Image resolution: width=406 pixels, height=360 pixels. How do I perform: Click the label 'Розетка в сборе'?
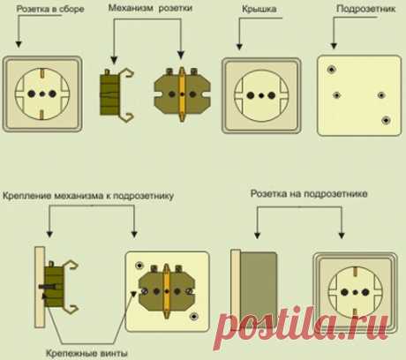pyautogui.click(x=50, y=9)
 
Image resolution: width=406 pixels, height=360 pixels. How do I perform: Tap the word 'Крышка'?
pyautogui.click(x=259, y=10)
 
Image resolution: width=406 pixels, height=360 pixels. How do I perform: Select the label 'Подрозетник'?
pyautogui.click(x=365, y=9)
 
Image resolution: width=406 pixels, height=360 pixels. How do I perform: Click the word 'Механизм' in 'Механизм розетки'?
pyautogui.click(x=131, y=8)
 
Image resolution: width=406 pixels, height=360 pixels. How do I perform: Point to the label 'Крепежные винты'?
pyautogui.click(x=86, y=353)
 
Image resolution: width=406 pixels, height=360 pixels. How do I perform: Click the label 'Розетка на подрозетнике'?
pyautogui.click(x=309, y=194)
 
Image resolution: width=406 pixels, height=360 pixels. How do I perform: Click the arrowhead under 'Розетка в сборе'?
pyautogui.click(x=19, y=44)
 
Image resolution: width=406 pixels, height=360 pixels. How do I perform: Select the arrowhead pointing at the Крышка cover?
pyautogui.click(x=239, y=47)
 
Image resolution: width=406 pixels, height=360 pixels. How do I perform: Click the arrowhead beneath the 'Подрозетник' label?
pyautogui.click(x=334, y=46)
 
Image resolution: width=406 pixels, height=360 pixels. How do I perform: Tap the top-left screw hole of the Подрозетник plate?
pyautogui.click(x=332, y=70)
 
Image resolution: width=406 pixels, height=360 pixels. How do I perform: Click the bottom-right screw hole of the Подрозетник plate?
pyautogui.click(x=386, y=120)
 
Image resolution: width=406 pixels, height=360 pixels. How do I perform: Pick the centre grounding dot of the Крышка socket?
pyautogui.click(x=261, y=95)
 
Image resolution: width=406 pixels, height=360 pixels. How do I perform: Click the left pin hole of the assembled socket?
pyautogui.click(x=32, y=94)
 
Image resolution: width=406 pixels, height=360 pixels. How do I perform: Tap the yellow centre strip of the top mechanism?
pyautogui.click(x=182, y=94)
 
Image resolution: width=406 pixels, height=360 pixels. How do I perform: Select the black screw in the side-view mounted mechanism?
pyautogui.click(x=48, y=286)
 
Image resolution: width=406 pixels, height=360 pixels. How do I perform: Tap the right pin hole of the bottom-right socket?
pyautogui.click(x=365, y=292)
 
